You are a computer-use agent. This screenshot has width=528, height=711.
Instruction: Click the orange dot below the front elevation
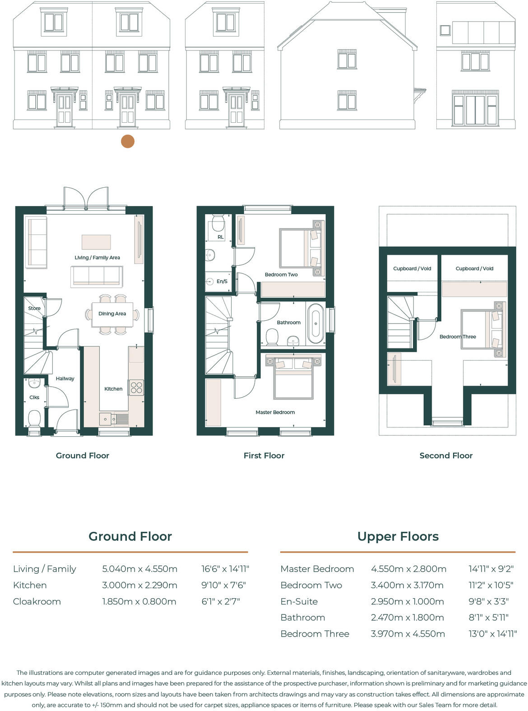point(128,141)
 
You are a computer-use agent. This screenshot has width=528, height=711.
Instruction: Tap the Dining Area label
point(112,314)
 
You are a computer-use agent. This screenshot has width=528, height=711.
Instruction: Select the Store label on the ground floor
point(34,308)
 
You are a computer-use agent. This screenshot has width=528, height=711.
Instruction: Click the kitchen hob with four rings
point(136,388)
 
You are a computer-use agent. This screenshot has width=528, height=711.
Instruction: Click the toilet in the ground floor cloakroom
point(34,418)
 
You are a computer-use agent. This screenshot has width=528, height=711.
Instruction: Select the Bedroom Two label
point(281,274)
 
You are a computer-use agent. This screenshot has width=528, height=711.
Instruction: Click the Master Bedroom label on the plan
point(275,412)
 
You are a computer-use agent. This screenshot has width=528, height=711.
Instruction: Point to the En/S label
point(222,281)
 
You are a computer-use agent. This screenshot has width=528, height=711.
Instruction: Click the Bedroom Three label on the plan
point(458,337)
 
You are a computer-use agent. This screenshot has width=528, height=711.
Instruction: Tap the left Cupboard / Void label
point(412,268)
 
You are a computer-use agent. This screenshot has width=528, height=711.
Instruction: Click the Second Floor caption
point(446,456)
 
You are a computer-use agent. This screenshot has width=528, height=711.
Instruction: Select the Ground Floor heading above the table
point(130,536)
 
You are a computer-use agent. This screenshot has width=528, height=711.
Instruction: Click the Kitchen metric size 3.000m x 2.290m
point(139,585)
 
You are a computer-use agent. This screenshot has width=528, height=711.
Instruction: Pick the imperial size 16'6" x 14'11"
point(225,569)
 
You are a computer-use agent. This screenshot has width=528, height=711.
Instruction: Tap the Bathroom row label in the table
point(302,618)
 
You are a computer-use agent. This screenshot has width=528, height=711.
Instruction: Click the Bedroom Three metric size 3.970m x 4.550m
point(408,634)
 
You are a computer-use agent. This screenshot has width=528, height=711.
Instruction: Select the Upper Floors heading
point(398,536)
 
